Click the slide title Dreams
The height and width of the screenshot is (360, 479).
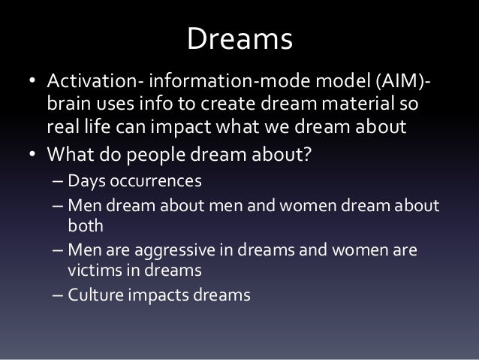point(239,40)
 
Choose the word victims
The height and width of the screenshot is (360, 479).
point(94,268)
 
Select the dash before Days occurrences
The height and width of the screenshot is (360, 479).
point(58,183)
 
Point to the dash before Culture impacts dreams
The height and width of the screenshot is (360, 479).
point(58,295)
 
